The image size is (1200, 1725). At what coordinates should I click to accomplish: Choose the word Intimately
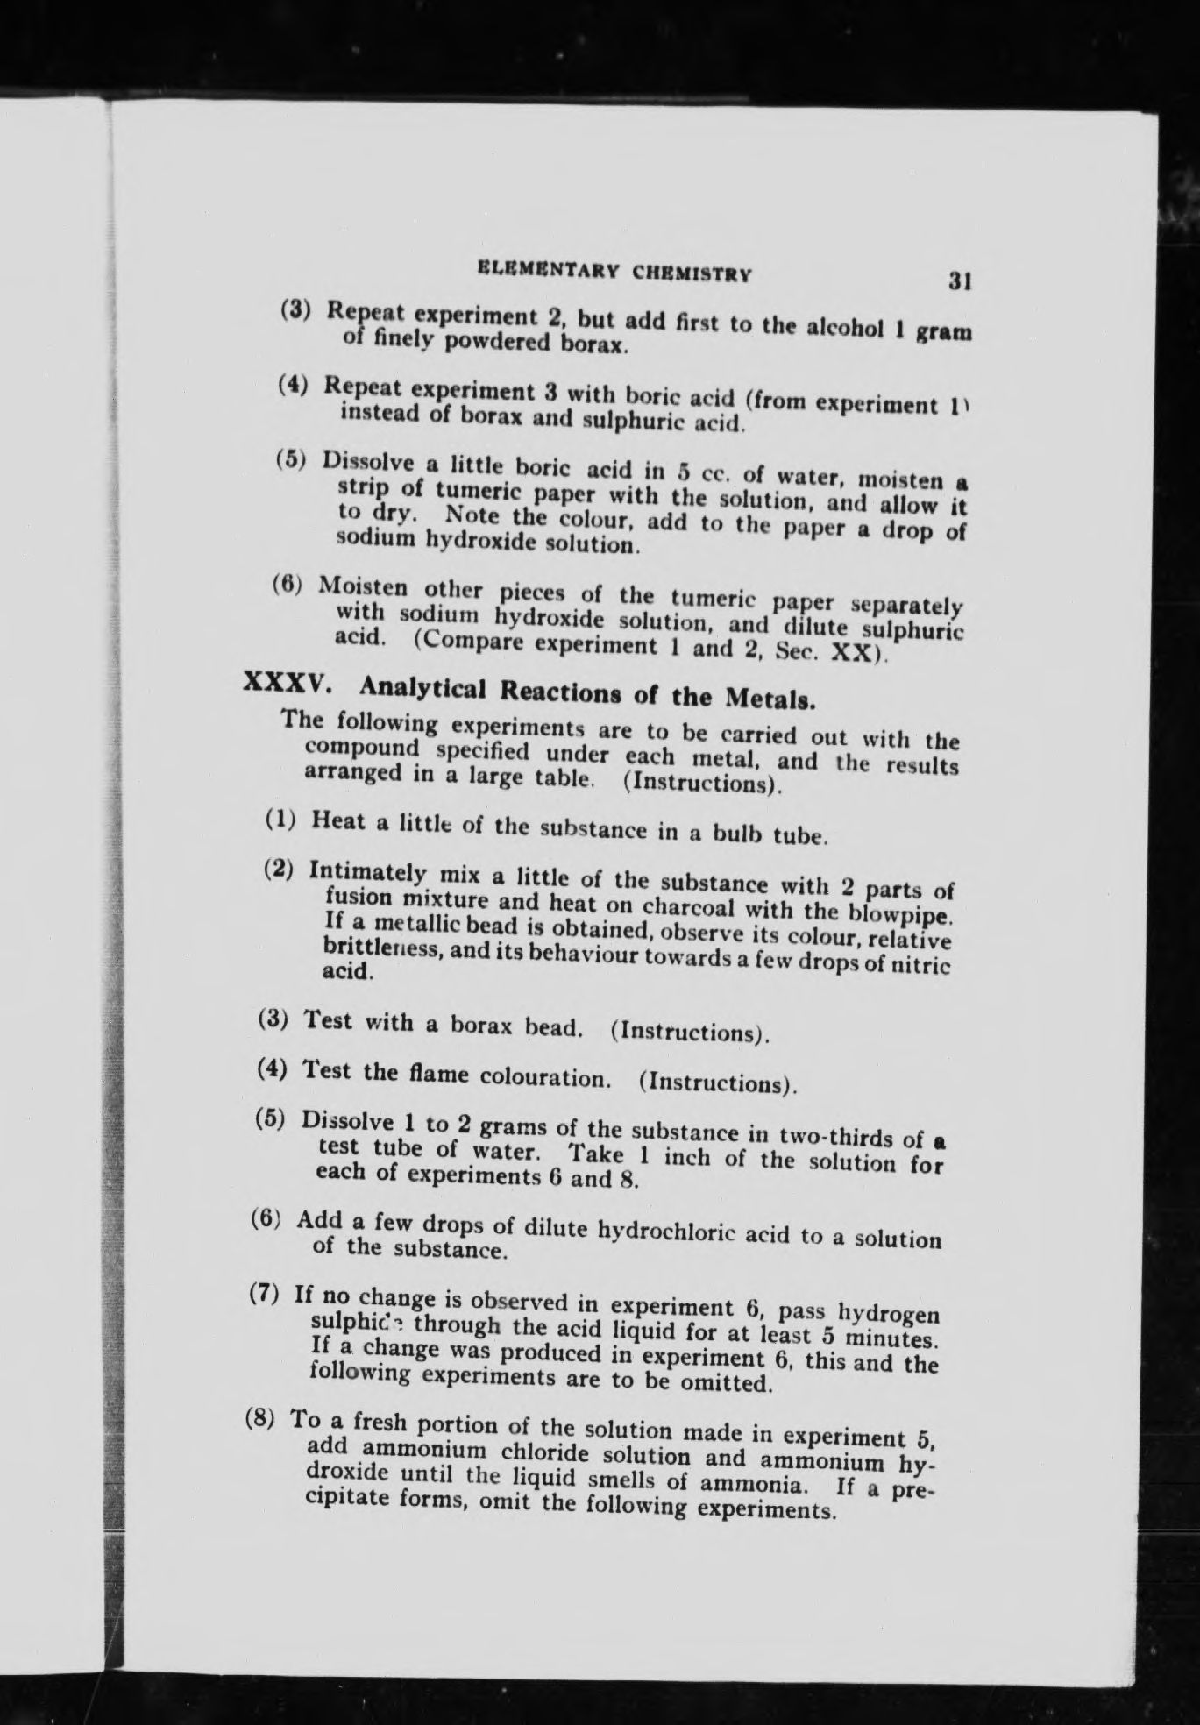point(368,872)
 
